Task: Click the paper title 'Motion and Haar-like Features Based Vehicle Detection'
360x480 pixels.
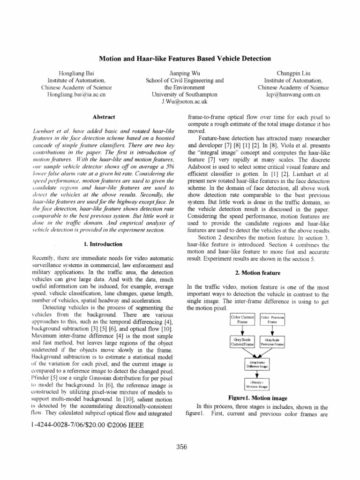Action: click(x=185, y=59)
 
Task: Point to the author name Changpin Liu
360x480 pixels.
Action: click(x=289, y=73)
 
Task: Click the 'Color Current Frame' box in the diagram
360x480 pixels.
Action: click(x=242, y=320)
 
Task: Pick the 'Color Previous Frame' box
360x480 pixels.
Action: click(x=272, y=320)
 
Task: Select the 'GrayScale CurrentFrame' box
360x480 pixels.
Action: click(x=242, y=341)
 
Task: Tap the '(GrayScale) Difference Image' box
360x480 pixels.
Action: click(x=256, y=364)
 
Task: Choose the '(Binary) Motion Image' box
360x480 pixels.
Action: click(x=256, y=385)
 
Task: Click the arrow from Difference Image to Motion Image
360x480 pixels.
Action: click(x=256, y=374)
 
